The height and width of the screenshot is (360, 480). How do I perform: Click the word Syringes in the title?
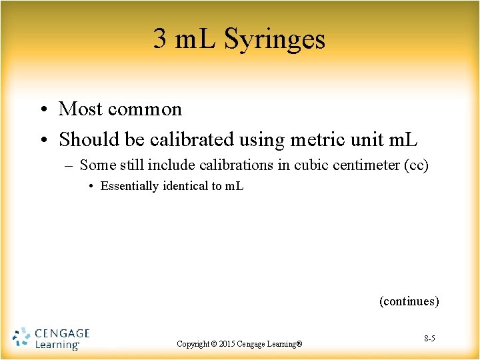point(275,39)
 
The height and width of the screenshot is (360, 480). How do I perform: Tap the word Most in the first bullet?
point(80,109)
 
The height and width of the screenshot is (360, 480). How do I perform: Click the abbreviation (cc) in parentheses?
point(417,165)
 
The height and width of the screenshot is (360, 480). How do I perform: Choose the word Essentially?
point(129,186)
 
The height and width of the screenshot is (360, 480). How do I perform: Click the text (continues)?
point(409,301)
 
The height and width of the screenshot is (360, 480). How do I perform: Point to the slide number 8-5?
point(429,339)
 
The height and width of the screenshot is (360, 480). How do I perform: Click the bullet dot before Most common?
point(43,109)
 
